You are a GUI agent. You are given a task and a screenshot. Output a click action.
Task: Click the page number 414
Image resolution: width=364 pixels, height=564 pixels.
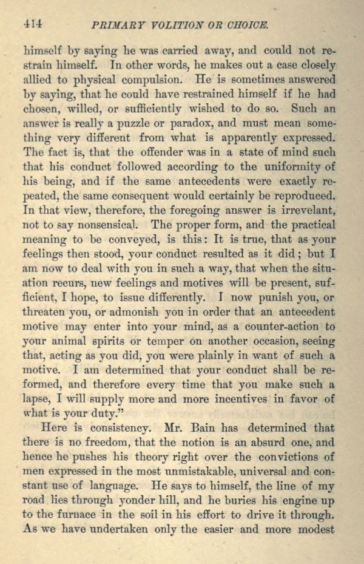point(32,24)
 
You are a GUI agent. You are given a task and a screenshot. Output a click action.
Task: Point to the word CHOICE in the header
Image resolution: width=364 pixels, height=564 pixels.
point(246,25)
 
